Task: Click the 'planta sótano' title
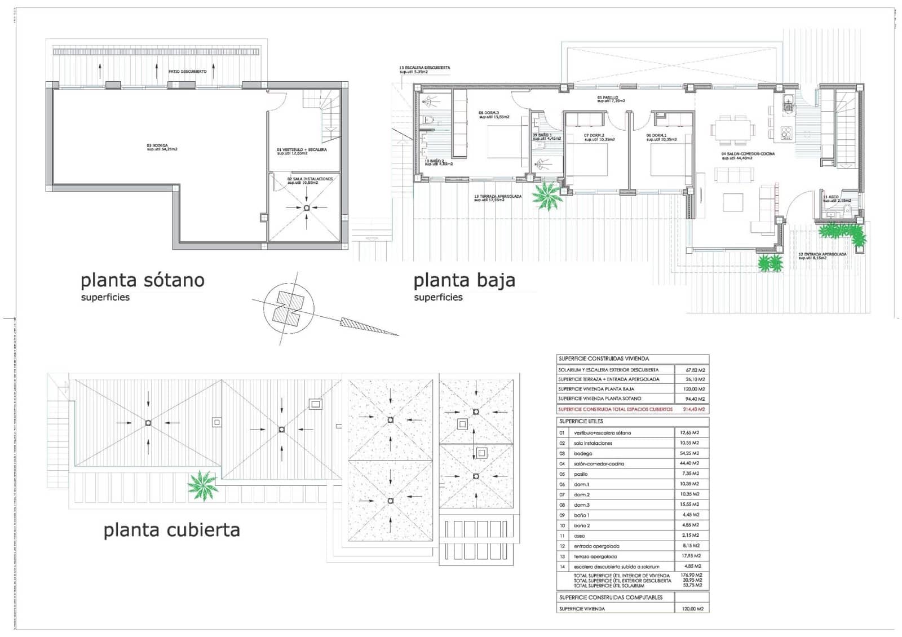pos(142,280)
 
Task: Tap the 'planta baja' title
pos(464,280)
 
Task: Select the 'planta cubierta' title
pos(171,530)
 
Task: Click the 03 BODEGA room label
pos(162,147)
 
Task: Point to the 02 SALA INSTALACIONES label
pos(309,180)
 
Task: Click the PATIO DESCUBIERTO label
pos(187,72)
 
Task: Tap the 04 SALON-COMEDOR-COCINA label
pos(748,156)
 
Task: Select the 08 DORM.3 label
pos(493,114)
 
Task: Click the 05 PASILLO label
pos(611,99)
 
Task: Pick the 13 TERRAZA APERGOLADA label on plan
pos(497,198)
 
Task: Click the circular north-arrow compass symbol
pos(288,308)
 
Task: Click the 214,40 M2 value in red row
pos(693,409)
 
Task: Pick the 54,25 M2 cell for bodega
pos(689,453)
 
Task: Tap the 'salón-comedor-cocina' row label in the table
pos(599,464)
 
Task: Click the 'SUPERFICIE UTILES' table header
pos(581,421)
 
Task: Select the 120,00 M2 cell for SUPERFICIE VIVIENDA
pos(692,609)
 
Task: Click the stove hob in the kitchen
pos(786,133)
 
